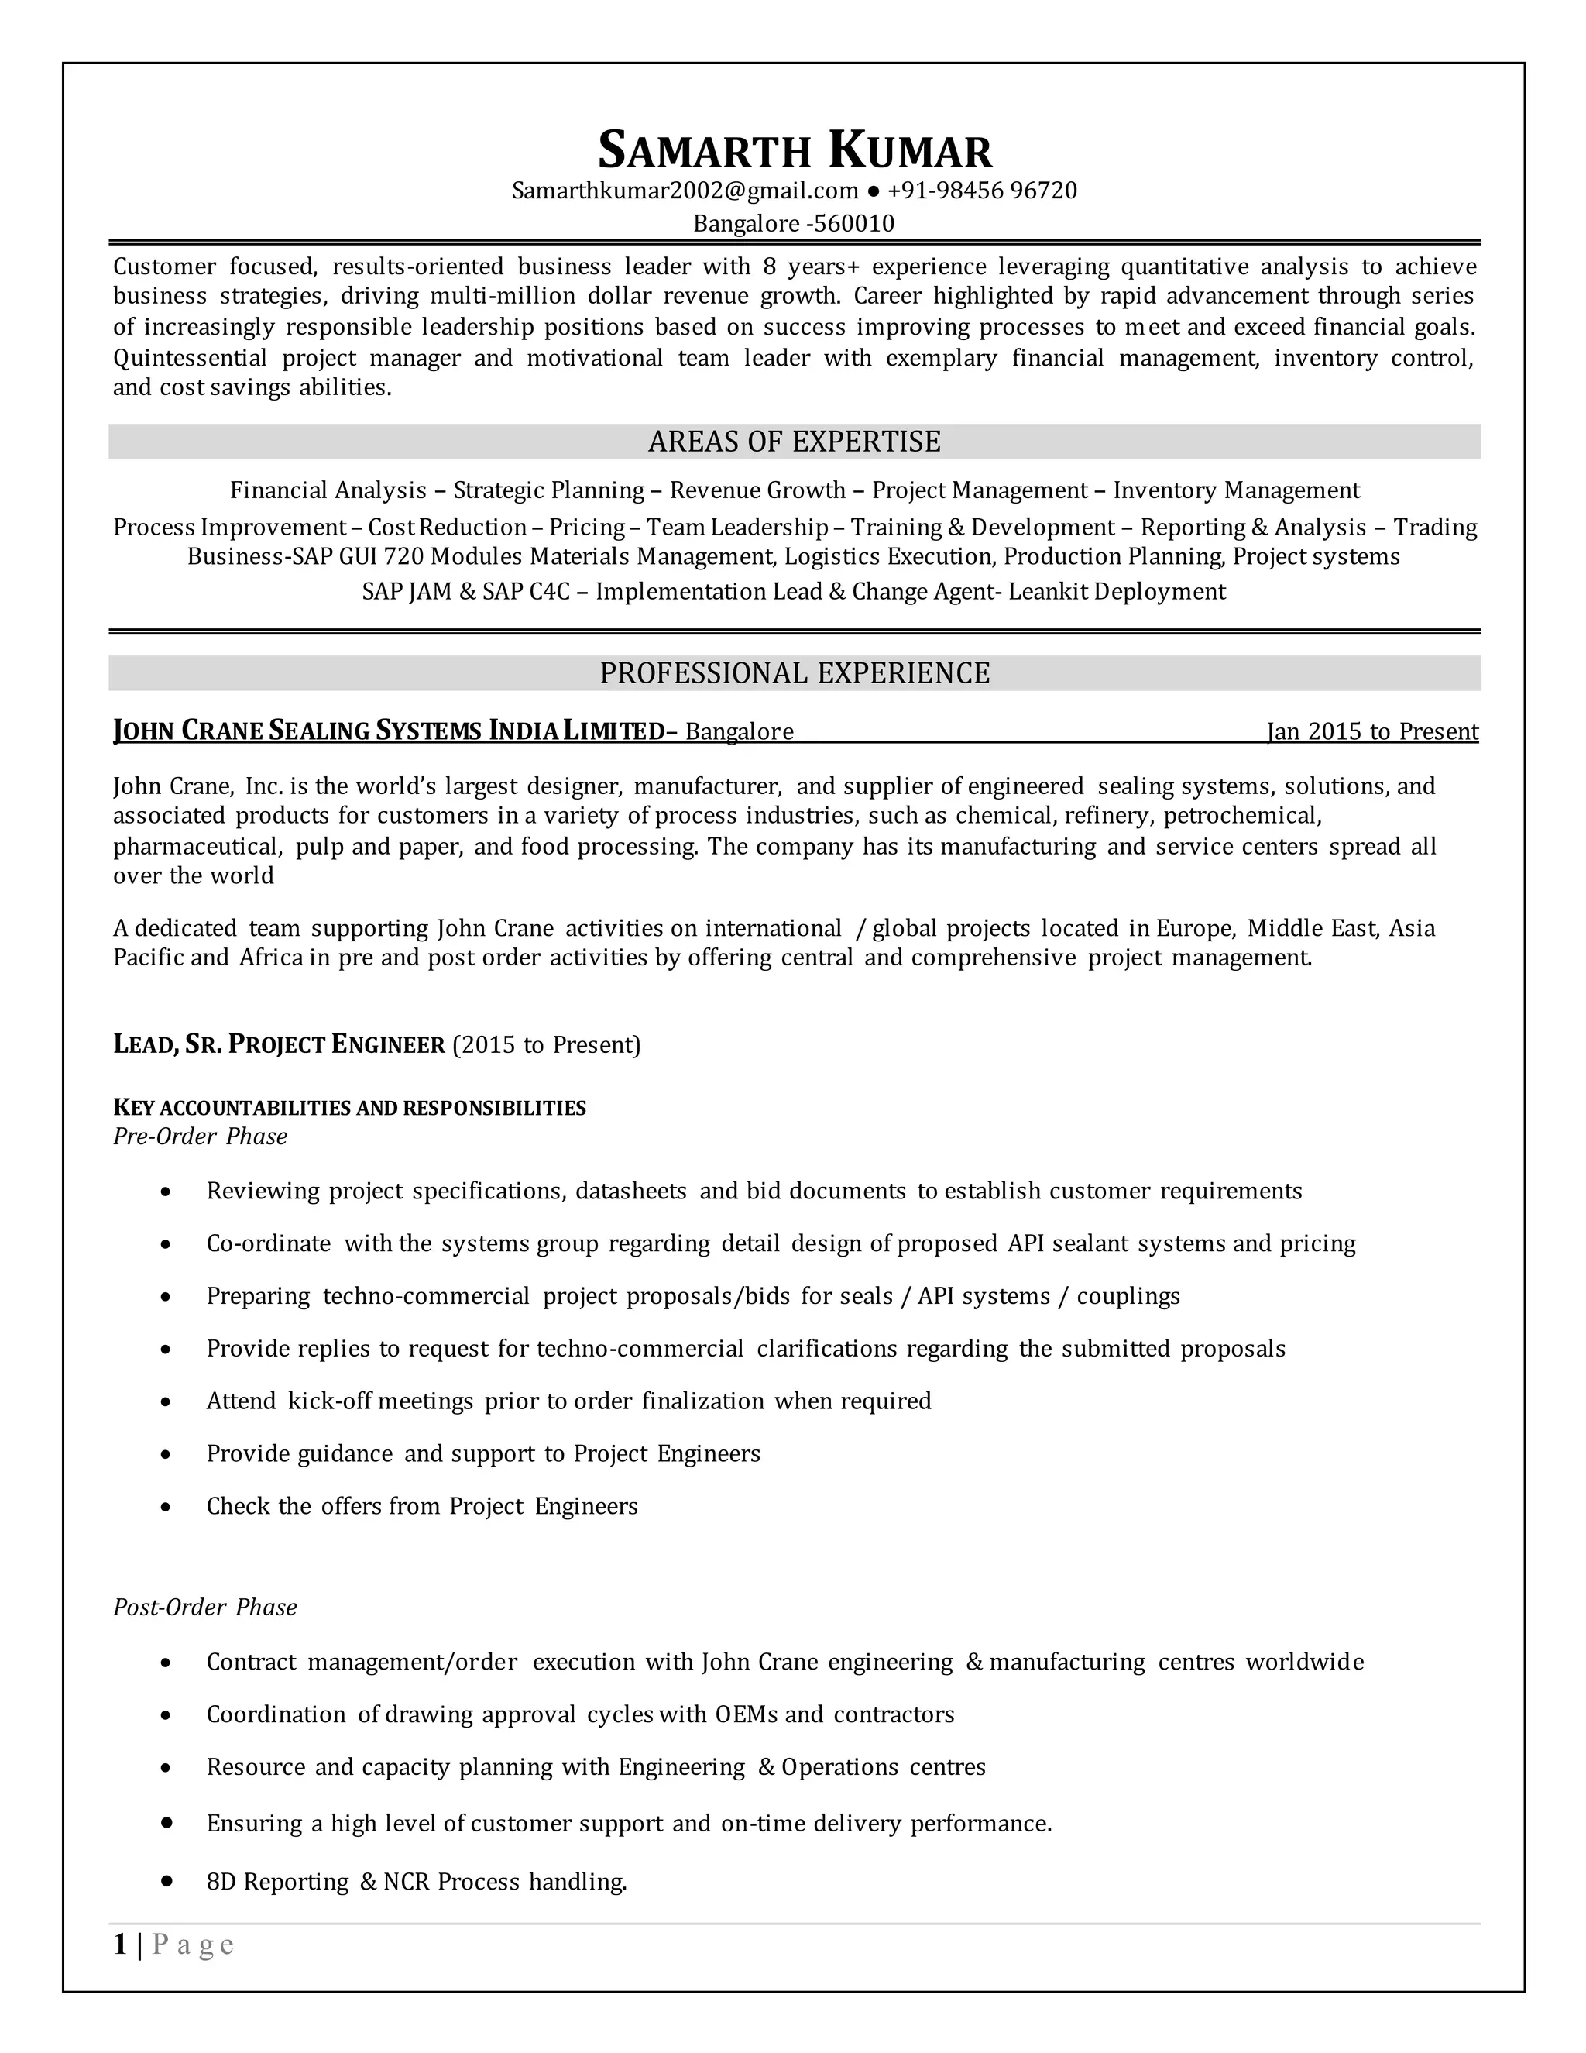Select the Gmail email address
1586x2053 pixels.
tap(685, 191)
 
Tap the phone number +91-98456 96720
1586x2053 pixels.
tap(982, 191)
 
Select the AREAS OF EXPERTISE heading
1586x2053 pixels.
tap(794, 442)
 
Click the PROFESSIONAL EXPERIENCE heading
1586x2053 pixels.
tap(794, 673)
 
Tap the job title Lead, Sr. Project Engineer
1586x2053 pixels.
tap(279, 1044)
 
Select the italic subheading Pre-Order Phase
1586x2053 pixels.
tap(200, 1137)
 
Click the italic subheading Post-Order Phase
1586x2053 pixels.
tap(204, 1607)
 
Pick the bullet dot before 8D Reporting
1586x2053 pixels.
tap(167, 1881)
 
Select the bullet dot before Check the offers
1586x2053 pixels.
tap(166, 1507)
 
